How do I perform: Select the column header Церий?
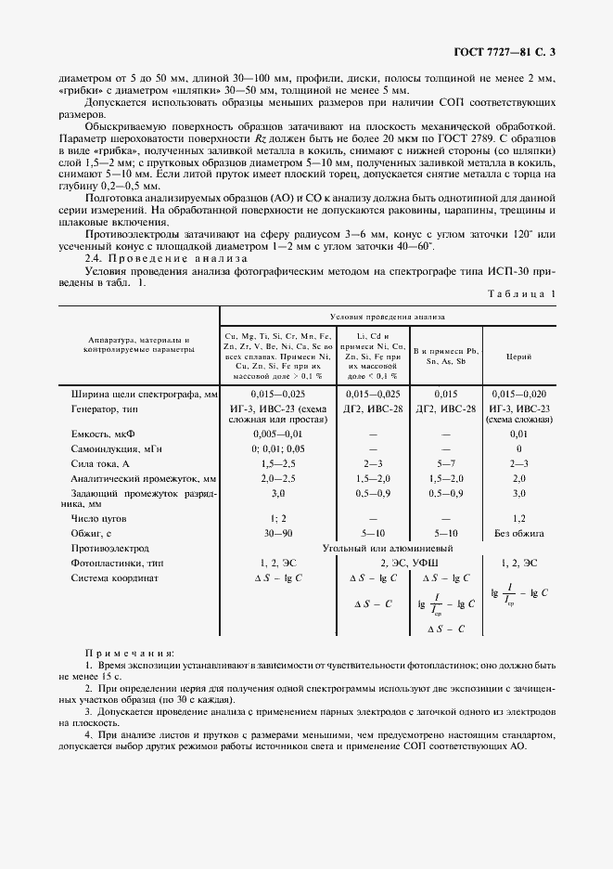517,355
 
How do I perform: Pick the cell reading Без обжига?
519,534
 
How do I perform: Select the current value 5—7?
446,461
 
